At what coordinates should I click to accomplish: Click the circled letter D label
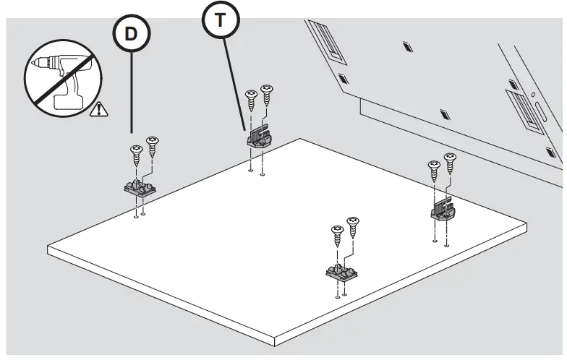[x=131, y=34]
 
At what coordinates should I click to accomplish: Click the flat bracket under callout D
[x=138, y=189]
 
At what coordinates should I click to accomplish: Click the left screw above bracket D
[x=136, y=154]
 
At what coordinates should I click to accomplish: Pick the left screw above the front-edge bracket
[x=337, y=236]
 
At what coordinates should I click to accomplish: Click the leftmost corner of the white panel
[x=48, y=249]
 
